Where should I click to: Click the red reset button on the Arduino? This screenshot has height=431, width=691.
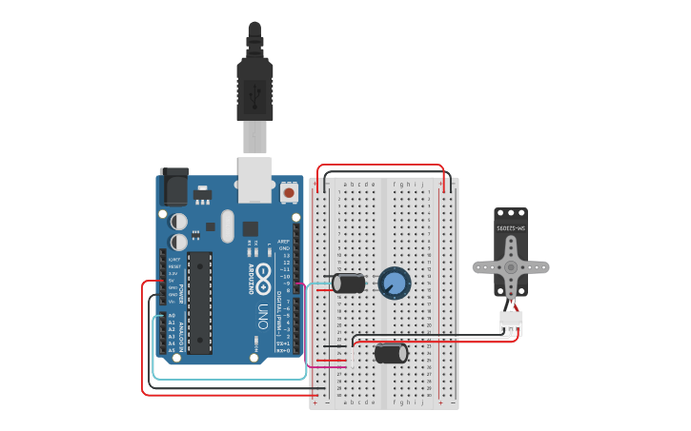(289, 193)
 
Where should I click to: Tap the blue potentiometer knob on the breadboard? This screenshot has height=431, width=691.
(395, 283)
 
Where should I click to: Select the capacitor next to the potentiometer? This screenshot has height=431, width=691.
(349, 283)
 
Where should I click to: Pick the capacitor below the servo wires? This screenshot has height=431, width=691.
(391, 353)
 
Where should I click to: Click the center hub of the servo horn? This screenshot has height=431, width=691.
(512, 267)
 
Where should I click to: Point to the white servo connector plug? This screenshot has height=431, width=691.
(512, 323)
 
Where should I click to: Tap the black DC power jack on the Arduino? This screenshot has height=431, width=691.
(175, 187)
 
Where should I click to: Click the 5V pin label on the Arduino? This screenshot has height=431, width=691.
(173, 281)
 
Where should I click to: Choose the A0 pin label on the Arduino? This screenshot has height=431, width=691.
(173, 315)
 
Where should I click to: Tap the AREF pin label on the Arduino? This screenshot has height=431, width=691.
(283, 242)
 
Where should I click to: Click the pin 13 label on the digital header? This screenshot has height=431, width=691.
(284, 255)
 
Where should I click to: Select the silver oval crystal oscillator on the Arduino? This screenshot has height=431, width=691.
(227, 226)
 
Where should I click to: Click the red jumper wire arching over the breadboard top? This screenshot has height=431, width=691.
(381, 166)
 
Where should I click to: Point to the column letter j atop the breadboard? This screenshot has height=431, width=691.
(421, 184)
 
